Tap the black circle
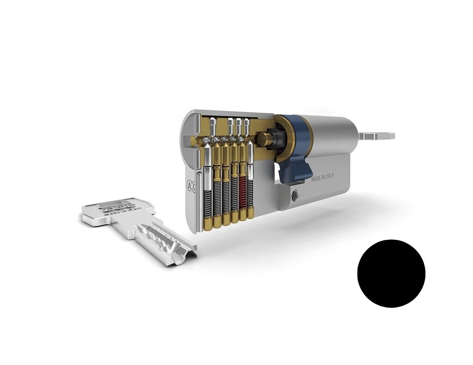[x=391, y=273]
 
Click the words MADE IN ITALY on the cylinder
[x=322, y=177]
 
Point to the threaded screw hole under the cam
[x=294, y=195]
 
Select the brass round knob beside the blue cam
[x=264, y=138]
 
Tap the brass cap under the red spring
[x=243, y=214]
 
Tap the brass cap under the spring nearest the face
[x=208, y=221]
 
